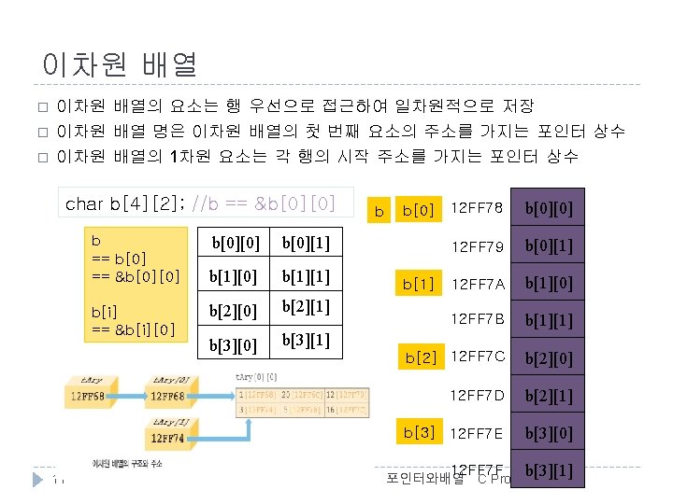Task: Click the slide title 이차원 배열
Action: (x=120, y=63)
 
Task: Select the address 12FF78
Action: (x=478, y=206)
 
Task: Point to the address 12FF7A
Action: (x=478, y=283)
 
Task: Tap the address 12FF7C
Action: (x=478, y=356)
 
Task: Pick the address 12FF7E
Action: (x=478, y=432)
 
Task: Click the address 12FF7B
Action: (x=478, y=320)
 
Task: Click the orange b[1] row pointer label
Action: (x=418, y=283)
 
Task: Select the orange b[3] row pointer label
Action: (x=418, y=431)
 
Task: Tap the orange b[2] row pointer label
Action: (x=421, y=357)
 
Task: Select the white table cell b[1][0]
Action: (x=233, y=277)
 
